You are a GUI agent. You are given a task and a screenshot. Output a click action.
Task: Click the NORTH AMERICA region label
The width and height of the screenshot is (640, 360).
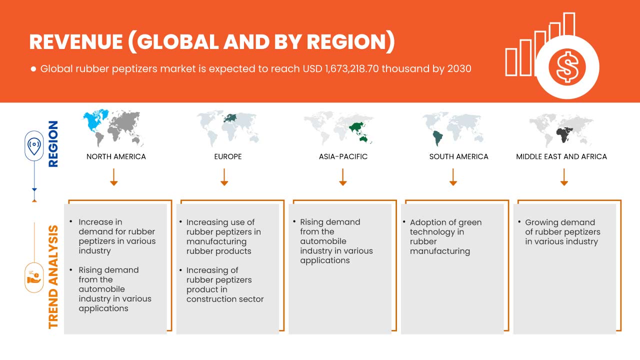tap(116, 156)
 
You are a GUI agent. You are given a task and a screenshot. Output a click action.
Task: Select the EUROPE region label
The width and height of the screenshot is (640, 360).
tap(227, 156)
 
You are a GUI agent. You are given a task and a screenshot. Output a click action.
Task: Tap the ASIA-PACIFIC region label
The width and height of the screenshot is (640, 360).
tap(343, 156)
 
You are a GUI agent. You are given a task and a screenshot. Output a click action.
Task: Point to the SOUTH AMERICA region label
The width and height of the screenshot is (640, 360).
tap(458, 156)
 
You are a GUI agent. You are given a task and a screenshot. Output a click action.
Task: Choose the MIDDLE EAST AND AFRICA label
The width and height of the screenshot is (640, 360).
tap(561, 156)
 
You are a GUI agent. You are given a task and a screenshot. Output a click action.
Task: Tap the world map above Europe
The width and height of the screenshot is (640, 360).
tap(227, 127)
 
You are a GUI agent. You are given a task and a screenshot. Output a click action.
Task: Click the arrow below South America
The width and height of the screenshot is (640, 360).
tap(453, 177)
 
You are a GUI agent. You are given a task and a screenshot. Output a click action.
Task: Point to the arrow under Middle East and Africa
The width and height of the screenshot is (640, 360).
tap(564, 177)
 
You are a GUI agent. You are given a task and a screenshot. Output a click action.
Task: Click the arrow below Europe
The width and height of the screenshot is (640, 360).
tap(224, 177)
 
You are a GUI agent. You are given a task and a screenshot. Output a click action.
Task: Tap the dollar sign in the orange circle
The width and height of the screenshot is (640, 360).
tap(567, 66)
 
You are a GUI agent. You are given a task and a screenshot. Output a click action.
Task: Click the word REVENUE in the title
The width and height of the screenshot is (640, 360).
tap(75, 42)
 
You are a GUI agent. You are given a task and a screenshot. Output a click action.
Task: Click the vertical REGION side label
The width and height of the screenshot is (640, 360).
tap(52, 143)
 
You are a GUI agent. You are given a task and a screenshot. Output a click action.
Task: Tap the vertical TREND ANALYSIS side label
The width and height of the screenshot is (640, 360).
tap(53, 276)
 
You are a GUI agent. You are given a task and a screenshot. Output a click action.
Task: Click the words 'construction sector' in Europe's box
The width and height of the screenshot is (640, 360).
tap(225, 299)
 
